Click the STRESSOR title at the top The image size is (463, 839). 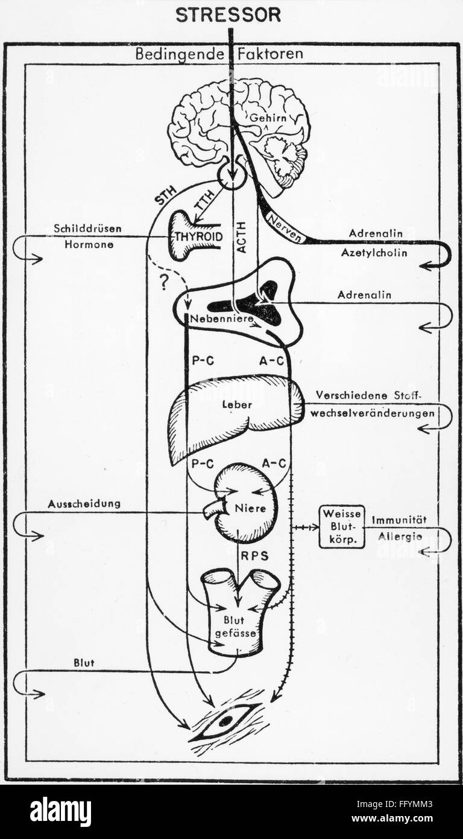(x=228, y=15)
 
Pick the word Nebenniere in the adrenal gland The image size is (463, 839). (x=215, y=318)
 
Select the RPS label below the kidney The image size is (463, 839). (x=256, y=556)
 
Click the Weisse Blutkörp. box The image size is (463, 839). (x=342, y=526)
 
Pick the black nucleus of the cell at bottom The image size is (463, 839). (x=225, y=720)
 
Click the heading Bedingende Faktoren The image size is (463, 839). (x=219, y=54)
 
